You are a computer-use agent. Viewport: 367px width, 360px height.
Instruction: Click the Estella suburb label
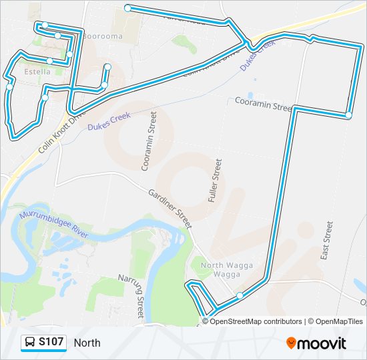point(37,71)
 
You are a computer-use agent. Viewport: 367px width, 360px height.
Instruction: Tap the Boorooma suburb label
point(103,36)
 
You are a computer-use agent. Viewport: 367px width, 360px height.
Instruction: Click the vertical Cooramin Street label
point(148,141)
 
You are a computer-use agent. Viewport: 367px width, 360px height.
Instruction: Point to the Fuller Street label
point(214,180)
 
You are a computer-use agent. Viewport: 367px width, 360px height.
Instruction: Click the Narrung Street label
point(131,294)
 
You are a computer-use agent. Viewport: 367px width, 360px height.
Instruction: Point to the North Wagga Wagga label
point(227,269)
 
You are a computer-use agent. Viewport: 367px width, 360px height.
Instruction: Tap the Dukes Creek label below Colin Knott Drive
point(107,121)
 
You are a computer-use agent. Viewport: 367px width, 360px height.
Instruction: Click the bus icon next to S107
point(30,343)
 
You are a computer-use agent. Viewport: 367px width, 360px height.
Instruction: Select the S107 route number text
point(51,343)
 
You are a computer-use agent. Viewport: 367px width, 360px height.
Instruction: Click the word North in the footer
point(87,343)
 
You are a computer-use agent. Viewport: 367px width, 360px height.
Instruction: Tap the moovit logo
point(316,343)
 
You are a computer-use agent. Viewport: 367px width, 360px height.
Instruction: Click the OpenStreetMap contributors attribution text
point(256,321)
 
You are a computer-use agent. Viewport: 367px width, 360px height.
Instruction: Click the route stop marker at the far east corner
point(348,115)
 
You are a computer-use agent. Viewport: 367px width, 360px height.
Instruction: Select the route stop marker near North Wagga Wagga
point(240,295)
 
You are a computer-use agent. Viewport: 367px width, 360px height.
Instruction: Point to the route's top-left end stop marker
point(127,8)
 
